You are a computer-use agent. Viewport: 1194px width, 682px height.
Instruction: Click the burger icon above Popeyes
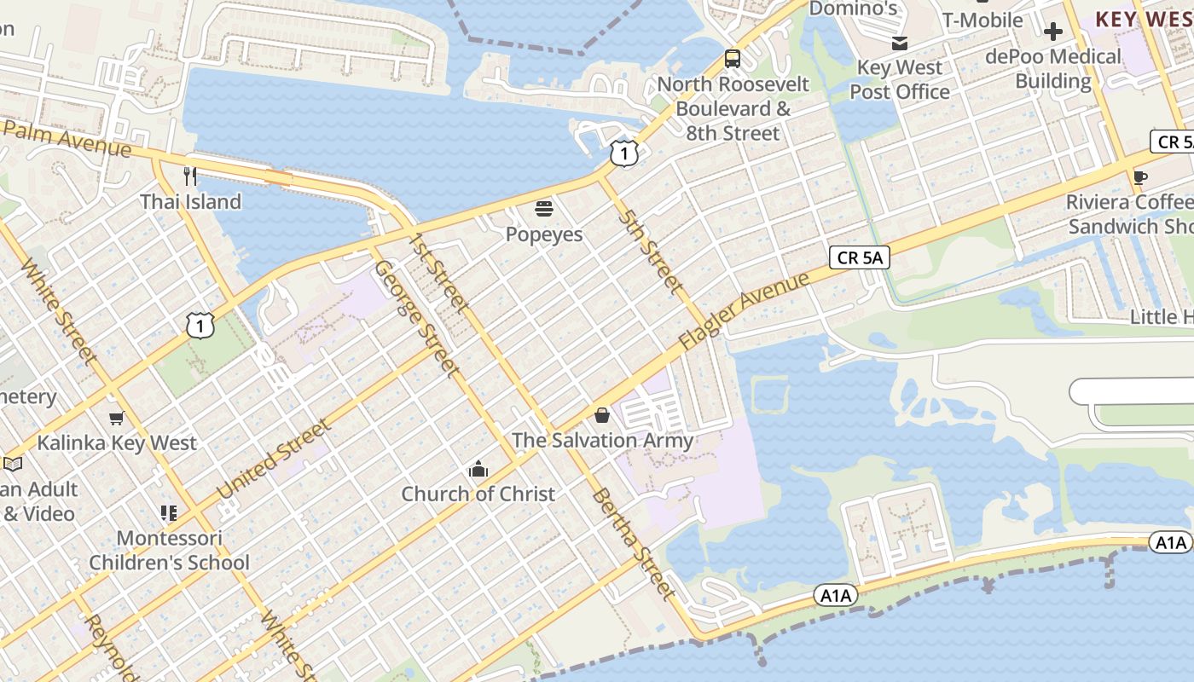544,208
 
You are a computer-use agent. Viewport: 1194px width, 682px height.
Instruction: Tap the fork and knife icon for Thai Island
190,176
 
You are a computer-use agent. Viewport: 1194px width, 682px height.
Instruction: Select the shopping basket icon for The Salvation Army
602,415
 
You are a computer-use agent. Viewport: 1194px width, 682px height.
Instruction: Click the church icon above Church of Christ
478,469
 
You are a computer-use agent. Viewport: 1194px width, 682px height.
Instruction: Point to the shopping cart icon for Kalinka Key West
117,418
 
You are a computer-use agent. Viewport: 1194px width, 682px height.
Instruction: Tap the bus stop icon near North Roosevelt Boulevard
733,59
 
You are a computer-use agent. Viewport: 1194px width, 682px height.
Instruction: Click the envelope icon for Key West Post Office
899,43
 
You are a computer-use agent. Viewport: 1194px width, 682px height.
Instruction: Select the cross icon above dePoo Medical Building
1053,32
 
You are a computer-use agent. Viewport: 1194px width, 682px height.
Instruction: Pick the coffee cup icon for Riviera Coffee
1140,177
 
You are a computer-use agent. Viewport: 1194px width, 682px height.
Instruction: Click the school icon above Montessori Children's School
169,513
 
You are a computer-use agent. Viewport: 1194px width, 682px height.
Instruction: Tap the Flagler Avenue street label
744,311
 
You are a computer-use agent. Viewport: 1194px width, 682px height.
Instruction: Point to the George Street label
416,318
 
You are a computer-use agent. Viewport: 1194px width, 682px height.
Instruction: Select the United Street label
273,459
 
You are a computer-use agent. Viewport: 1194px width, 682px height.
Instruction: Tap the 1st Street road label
438,271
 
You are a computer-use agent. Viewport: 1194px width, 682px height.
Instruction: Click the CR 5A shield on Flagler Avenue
859,257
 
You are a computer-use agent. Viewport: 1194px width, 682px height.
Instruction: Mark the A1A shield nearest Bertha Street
835,595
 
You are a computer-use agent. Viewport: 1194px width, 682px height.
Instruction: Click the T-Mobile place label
982,20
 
